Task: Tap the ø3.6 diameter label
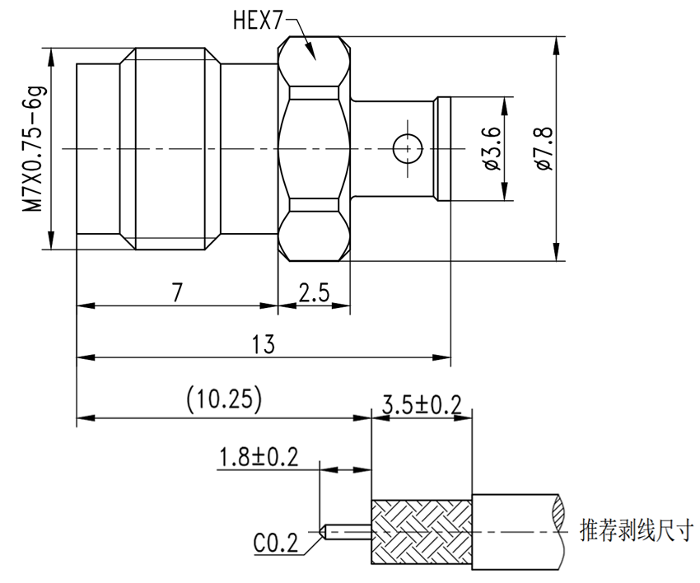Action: [x=492, y=149]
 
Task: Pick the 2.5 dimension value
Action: [x=315, y=291]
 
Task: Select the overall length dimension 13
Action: [x=263, y=344]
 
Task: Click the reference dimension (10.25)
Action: [x=224, y=400]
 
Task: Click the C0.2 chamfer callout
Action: [x=275, y=543]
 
